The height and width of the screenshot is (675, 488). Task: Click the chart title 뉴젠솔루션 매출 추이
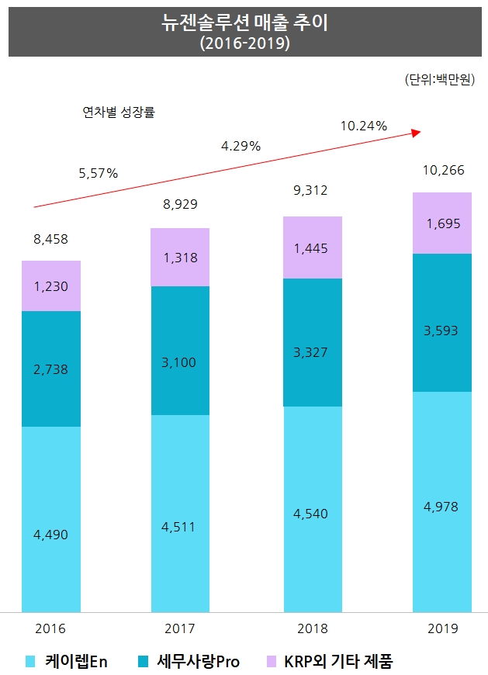pyautogui.click(x=244, y=24)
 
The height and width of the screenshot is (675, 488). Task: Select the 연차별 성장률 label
pyautogui.click(x=119, y=112)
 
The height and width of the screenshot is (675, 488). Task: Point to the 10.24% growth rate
pyautogui.click(x=363, y=126)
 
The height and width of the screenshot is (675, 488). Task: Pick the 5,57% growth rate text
pyautogui.click(x=99, y=173)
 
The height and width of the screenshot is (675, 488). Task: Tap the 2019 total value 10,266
pyautogui.click(x=442, y=171)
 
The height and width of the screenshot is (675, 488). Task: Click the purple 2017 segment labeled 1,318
pyautogui.click(x=180, y=258)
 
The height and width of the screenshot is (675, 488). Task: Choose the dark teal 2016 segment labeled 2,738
pyautogui.click(x=51, y=369)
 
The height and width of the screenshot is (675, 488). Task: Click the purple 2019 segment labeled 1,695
pyautogui.click(x=442, y=223)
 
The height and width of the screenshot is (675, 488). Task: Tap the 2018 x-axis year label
pyautogui.click(x=312, y=628)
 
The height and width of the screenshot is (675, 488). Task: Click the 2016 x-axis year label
pyautogui.click(x=51, y=628)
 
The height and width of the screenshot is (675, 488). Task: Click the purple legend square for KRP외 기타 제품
pyautogui.click(x=272, y=662)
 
